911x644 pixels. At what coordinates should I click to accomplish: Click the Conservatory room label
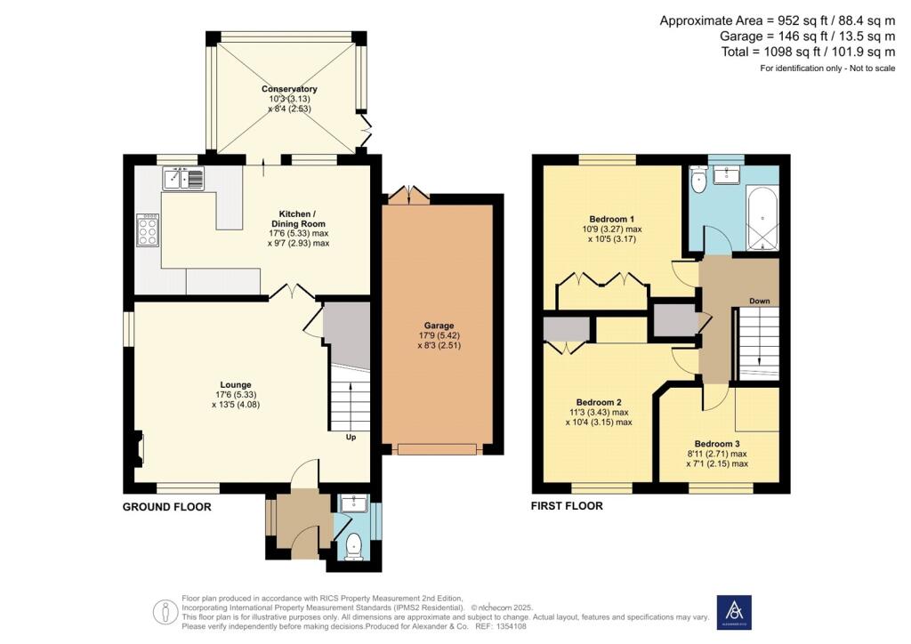pyautogui.click(x=289, y=89)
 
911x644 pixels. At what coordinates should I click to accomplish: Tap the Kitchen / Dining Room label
pyautogui.click(x=298, y=218)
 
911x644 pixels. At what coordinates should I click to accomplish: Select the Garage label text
pyautogui.click(x=439, y=326)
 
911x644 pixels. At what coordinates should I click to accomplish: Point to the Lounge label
pyautogui.click(x=236, y=384)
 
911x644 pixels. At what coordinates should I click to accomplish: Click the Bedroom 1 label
pyautogui.click(x=612, y=219)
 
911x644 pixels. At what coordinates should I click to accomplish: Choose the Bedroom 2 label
pyautogui.click(x=599, y=402)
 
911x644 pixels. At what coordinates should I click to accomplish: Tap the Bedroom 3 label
pyautogui.click(x=717, y=444)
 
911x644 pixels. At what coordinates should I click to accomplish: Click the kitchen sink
pyautogui.click(x=183, y=178)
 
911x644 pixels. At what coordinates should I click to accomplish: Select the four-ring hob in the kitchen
pyautogui.click(x=148, y=230)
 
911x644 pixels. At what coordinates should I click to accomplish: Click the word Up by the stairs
pyautogui.click(x=351, y=438)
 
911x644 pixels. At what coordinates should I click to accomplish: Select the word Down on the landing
pyautogui.click(x=760, y=301)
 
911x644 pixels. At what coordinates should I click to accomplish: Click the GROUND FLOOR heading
pyautogui.click(x=166, y=507)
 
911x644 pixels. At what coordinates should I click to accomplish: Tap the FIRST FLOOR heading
pyautogui.click(x=567, y=506)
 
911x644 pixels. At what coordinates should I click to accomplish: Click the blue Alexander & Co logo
pyautogui.click(x=734, y=612)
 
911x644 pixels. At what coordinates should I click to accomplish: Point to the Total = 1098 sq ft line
pyautogui.click(x=808, y=52)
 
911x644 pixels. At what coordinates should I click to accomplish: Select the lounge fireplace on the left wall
pyautogui.click(x=138, y=448)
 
